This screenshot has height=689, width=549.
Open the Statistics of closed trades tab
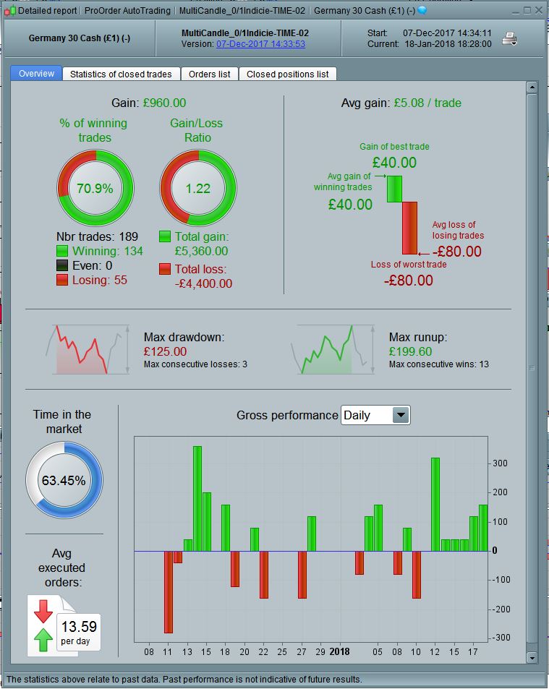[x=121, y=74]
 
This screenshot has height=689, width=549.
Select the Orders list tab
[x=209, y=74]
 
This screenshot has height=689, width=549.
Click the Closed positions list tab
[x=287, y=74]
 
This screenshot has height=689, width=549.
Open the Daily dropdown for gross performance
[x=401, y=415]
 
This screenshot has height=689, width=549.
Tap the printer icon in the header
[x=510, y=38]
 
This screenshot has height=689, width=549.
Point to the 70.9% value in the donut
[x=95, y=189]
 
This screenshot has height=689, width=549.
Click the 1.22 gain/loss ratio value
[x=197, y=189]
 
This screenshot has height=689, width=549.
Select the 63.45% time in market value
[x=64, y=480]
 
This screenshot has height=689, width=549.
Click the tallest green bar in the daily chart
[x=197, y=498]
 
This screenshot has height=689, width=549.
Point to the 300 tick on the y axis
[x=500, y=463]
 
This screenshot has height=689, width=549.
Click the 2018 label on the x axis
[x=339, y=651]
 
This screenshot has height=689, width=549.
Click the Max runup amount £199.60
[x=409, y=351]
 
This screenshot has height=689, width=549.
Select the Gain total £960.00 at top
[x=164, y=103]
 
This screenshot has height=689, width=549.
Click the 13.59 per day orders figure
[x=79, y=627]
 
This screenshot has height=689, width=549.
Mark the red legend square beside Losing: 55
[x=62, y=280]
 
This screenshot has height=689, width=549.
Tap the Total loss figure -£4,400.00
[x=203, y=283]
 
